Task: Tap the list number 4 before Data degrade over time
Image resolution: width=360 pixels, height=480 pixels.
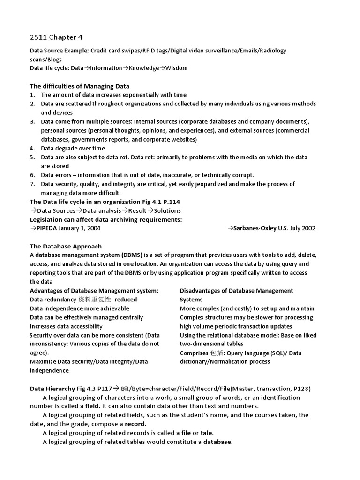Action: click(32, 148)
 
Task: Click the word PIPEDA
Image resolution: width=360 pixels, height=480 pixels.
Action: click(48, 228)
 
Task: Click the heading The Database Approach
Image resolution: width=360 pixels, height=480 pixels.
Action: click(66, 246)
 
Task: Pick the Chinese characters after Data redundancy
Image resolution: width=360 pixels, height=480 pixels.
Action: click(95, 300)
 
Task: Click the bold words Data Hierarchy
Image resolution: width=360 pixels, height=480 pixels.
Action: click(52, 389)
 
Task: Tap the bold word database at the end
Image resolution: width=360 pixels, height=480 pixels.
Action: click(217, 442)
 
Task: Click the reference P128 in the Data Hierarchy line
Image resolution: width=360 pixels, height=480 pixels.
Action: click(300, 389)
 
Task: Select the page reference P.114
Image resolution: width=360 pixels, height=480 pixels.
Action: click(168, 202)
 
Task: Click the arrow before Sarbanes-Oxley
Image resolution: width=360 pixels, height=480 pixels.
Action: click(231, 228)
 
